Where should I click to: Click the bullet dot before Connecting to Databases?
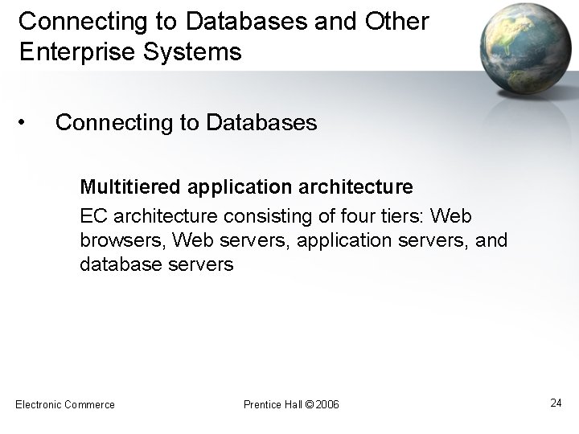27,122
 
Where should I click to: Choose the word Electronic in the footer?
40,404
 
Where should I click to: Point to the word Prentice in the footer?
261,404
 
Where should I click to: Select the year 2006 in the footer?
328,404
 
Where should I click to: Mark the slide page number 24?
556,403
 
